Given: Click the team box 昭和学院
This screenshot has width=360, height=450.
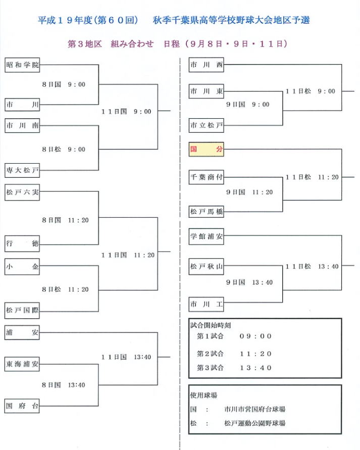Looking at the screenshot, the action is [x=22, y=65].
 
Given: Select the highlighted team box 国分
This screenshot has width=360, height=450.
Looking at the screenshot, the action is [x=206, y=149].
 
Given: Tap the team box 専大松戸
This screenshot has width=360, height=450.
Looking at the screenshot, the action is [x=22, y=171].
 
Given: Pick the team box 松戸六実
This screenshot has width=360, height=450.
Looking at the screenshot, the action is [x=22, y=192].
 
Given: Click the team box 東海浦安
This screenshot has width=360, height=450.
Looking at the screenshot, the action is [x=22, y=364].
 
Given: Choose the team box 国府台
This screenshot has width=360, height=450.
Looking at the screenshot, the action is [x=22, y=406].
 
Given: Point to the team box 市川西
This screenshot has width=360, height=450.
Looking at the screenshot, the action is [x=206, y=65].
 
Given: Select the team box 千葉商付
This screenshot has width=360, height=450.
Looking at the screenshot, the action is [x=206, y=177].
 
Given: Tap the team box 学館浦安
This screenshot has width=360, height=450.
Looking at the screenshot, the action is [x=206, y=236].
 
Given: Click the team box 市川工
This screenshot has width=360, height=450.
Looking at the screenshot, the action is [x=206, y=304].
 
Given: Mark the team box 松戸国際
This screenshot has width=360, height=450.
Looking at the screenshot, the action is [x=22, y=310].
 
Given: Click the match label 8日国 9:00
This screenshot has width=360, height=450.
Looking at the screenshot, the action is [x=64, y=84].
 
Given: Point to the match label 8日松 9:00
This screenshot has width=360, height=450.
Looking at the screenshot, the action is [x=64, y=149].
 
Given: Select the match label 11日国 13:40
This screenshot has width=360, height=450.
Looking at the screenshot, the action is [x=126, y=357].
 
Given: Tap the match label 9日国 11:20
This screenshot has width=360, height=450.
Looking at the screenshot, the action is [x=249, y=192].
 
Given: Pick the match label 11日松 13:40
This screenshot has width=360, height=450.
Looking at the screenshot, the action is [x=312, y=267].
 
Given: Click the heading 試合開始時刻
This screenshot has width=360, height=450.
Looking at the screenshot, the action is [x=211, y=325].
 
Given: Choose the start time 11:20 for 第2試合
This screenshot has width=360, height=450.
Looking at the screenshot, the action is [x=255, y=354].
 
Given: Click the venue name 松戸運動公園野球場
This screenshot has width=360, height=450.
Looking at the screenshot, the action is [x=254, y=423].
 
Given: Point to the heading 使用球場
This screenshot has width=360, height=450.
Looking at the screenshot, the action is [x=203, y=395].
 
